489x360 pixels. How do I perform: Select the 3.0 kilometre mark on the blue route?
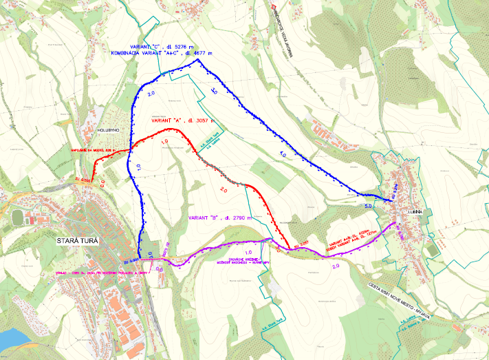(214, 90)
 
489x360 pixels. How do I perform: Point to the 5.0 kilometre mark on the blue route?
(368, 205)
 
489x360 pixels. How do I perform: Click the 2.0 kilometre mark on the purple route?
(336, 266)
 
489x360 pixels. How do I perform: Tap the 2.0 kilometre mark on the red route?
(224, 189)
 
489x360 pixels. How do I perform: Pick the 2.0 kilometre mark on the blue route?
(151, 93)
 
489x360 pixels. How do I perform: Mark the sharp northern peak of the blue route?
(198, 60)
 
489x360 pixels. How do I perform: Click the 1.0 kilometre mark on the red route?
(164, 142)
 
